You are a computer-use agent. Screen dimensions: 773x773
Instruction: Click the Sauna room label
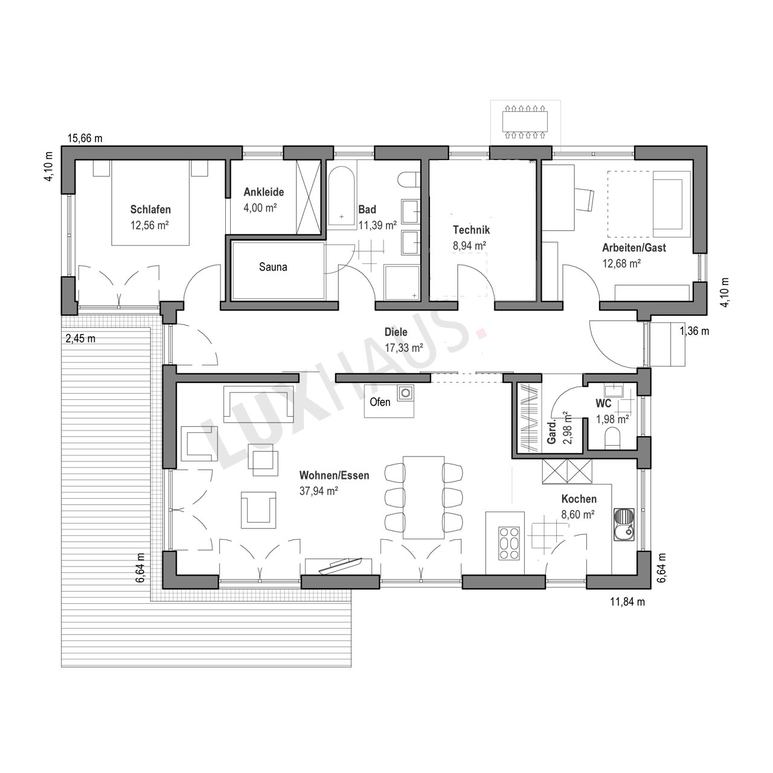tap(273, 267)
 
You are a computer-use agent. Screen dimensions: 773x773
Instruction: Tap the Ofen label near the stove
tap(379, 402)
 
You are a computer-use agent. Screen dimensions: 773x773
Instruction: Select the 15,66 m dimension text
tap(85, 138)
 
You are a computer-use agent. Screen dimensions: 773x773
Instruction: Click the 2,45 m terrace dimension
tap(81, 339)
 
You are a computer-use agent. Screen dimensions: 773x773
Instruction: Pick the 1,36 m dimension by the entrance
tap(694, 331)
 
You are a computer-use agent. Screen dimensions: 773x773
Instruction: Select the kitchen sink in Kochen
tap(624, 524)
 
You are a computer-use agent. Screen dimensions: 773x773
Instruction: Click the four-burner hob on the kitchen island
tap(508, 543)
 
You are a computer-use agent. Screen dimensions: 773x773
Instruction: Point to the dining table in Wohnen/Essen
tap(423, 497)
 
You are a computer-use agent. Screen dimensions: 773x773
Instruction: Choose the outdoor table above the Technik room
tap(525, 121)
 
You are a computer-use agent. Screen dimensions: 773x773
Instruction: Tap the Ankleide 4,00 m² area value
tap(260, 208)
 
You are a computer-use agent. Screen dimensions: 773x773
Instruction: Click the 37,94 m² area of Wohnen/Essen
tap(318, 491)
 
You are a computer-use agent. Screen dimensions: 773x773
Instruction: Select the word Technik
tap(471, 230)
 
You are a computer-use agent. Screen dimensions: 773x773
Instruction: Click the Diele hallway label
tap(396, 332)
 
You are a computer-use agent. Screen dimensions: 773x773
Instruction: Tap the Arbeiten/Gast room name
tap(634, 248)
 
